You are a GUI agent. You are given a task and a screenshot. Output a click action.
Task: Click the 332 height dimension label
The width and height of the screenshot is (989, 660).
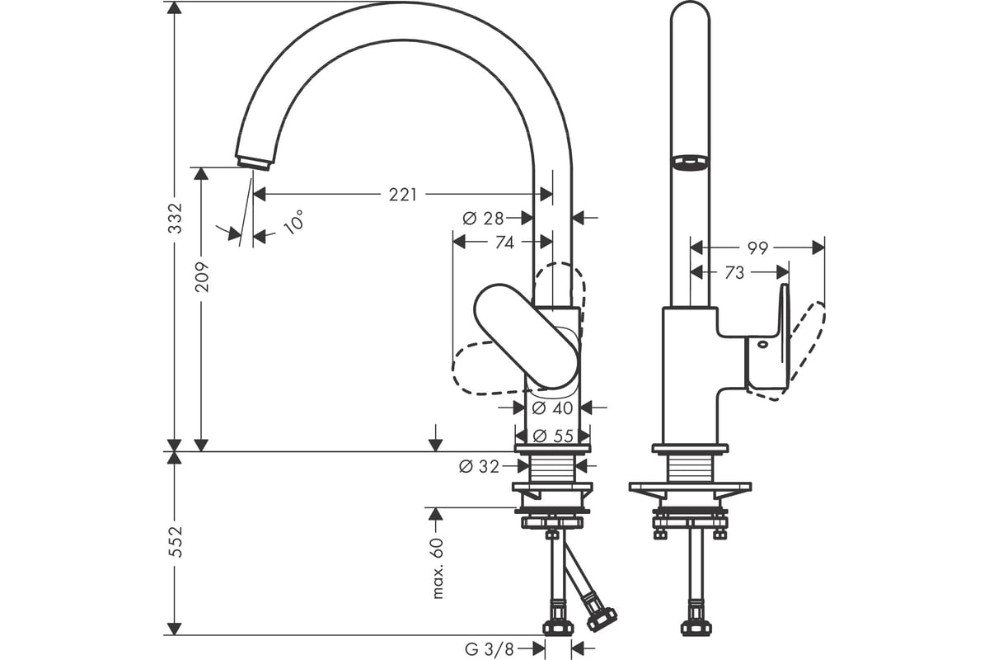(176, 218)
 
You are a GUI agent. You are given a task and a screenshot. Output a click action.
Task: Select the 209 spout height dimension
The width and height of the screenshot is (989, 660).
(202, 276)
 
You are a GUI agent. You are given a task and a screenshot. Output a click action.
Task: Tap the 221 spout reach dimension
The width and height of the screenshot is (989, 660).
(403, 195)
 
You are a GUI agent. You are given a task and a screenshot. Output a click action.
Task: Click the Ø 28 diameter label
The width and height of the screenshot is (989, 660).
(483, 218)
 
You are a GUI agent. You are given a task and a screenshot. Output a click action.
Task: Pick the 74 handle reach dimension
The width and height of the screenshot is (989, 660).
(504, 243)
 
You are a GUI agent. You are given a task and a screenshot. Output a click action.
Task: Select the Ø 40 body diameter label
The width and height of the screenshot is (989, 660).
(552, 408)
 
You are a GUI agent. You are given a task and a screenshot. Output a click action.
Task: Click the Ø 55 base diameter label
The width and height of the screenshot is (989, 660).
(553, 436)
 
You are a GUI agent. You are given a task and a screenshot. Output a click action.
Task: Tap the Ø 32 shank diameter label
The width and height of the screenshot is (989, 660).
(479, 466)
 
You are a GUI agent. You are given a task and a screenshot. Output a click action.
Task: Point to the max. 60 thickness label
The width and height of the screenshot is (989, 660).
(437, 568)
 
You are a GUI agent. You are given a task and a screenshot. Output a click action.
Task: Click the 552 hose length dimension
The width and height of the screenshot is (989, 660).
(176, 541)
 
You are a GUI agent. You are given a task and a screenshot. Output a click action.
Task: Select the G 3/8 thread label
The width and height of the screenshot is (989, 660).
(490, 649)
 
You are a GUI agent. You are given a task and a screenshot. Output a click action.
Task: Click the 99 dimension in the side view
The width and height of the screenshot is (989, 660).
(757, 248)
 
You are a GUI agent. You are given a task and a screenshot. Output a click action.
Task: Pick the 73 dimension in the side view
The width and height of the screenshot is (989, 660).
(734, 272)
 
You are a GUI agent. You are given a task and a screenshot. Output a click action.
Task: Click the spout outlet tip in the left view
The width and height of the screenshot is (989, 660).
(254, 163)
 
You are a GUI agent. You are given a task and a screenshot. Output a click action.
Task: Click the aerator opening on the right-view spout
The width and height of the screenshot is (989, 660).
(690, 162)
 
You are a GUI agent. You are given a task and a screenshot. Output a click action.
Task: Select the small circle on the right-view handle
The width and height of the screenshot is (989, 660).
(762, 344)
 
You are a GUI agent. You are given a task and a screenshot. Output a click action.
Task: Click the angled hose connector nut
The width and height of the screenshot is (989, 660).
(602, 619)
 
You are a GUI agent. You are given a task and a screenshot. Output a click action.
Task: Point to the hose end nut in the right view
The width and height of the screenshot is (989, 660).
(696, 628)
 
